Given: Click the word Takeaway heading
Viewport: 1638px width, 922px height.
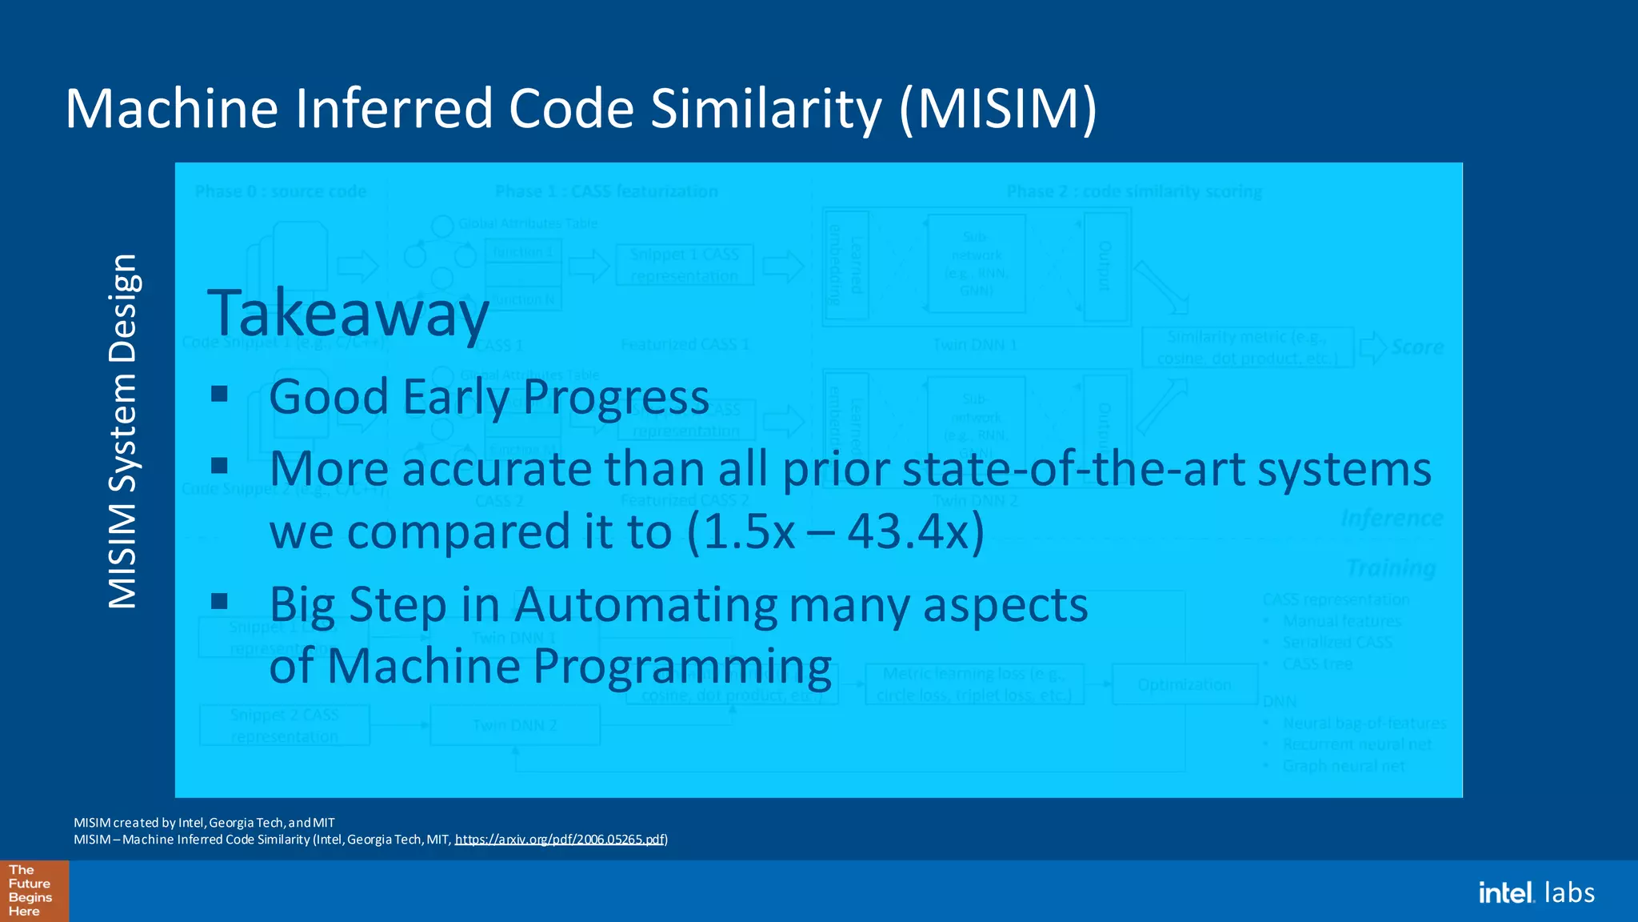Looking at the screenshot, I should [348, 314].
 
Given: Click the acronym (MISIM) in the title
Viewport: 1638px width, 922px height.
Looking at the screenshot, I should [998, 109].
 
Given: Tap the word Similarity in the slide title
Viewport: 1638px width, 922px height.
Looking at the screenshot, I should [765, 109].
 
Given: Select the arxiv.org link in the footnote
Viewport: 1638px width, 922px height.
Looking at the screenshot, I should [560, 840].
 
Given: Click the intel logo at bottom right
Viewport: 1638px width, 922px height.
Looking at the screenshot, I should [1506, 892].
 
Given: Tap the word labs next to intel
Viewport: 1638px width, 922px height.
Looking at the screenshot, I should [1569, 892].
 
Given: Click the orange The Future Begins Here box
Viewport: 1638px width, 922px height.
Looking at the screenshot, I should [34, 891].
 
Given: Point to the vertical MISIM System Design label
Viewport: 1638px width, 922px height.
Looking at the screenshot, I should [124, 432].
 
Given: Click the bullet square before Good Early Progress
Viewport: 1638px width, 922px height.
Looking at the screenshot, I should [220, 394].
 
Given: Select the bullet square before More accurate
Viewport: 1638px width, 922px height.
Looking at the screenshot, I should [220, 466].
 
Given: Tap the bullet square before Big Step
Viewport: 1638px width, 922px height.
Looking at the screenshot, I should [220, 601].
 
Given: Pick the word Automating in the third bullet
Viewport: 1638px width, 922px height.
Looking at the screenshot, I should [645, 605].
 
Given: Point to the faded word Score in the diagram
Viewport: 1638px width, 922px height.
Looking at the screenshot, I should [1417, 347].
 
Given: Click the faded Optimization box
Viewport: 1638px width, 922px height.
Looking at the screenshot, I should [1184, 685].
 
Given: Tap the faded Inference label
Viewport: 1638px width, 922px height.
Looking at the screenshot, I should [1392, 519].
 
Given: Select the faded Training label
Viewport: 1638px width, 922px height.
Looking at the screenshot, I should [1391, 568].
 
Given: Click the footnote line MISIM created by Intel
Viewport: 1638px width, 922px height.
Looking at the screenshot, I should [204, 823].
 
